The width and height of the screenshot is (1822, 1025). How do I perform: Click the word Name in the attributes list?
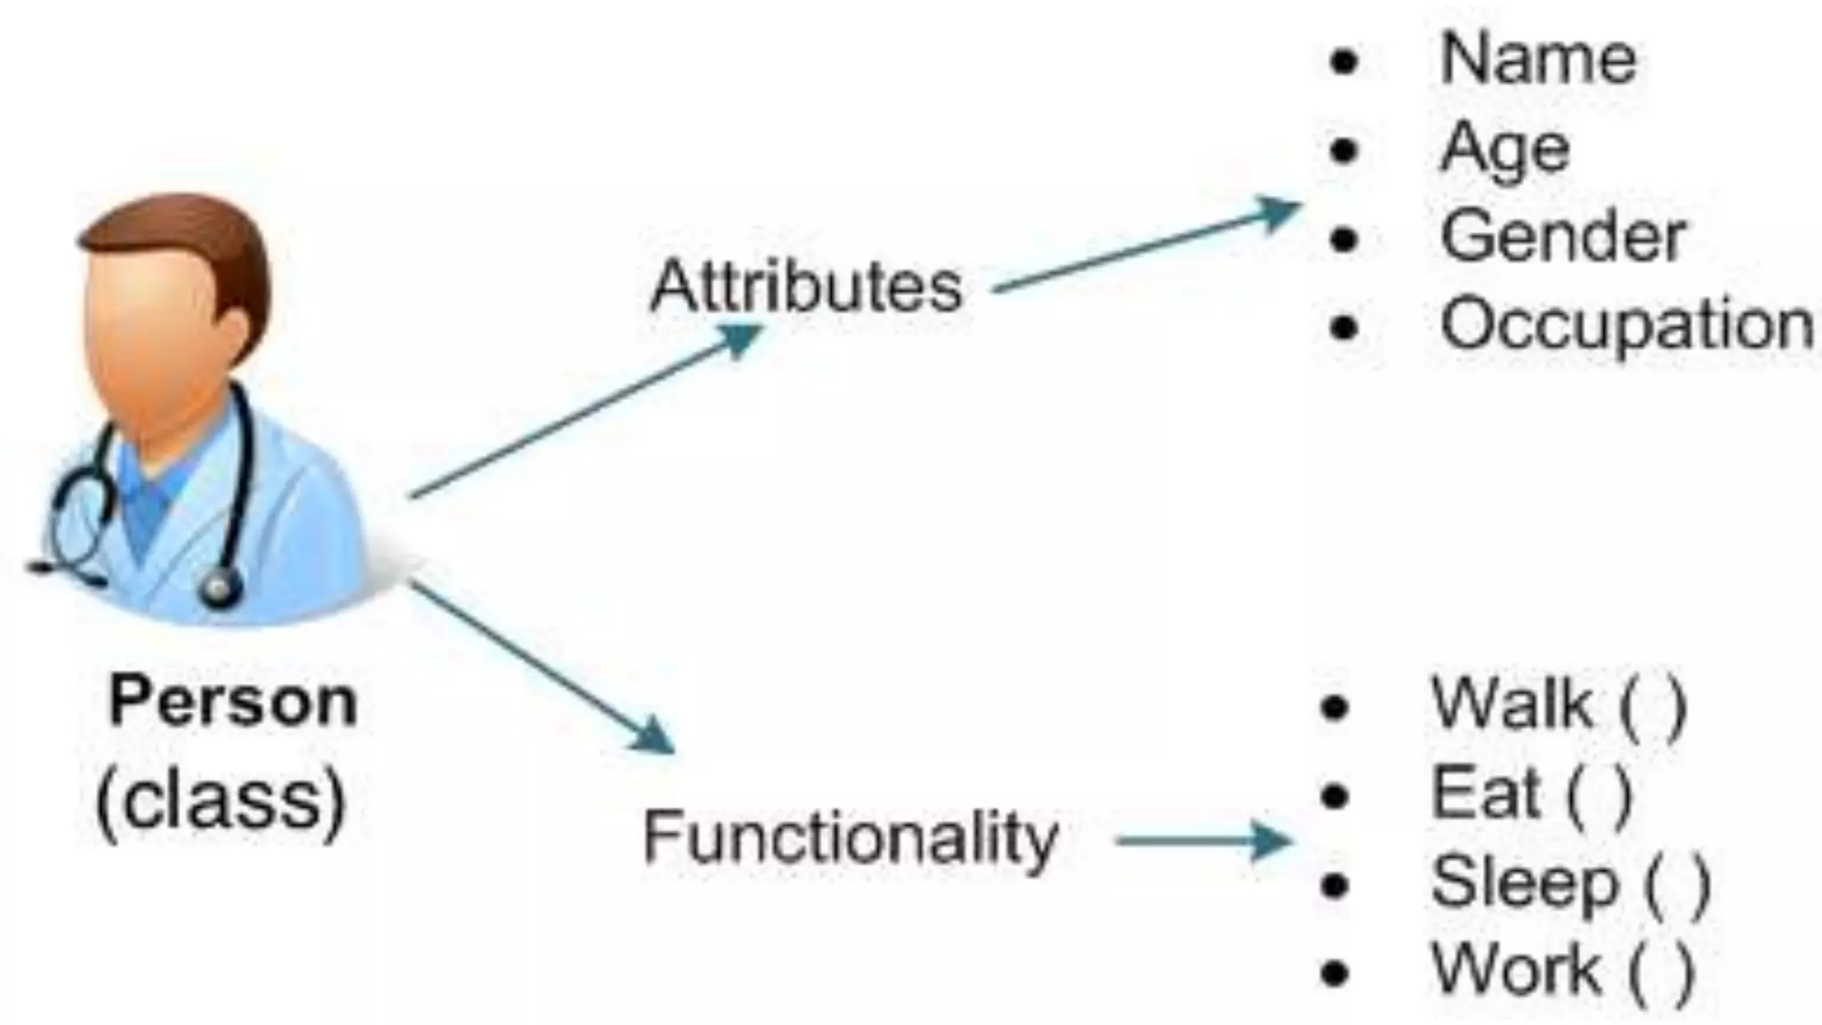pyautogui.click(x=1537, y=59)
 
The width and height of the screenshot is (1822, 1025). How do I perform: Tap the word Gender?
pyautogui.click(x=1562, y=237)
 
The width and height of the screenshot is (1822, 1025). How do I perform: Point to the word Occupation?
pyautogui.click(x=1626, y=325)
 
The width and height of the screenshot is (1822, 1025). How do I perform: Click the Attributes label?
pyautogui.click(x=806, y=287)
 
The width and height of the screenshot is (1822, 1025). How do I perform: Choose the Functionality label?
pyautogui.click(x=850, y=837)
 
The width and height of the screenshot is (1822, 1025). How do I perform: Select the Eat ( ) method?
pyautogui.click(x=1531, y=794)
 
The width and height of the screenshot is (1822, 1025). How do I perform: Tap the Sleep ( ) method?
pyautogui.click(x=1570, y=883)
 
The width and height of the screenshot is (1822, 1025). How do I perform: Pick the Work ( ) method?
pyautogui.click(x=1562, y=970)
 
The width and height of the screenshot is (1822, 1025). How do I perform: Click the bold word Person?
pyautogui.click(x=233, y=702)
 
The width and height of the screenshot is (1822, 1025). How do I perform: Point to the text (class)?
pyautogui.click(x=221, y=800)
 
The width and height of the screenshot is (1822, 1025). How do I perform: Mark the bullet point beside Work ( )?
pyautogui.click(x=1334, y=973)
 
